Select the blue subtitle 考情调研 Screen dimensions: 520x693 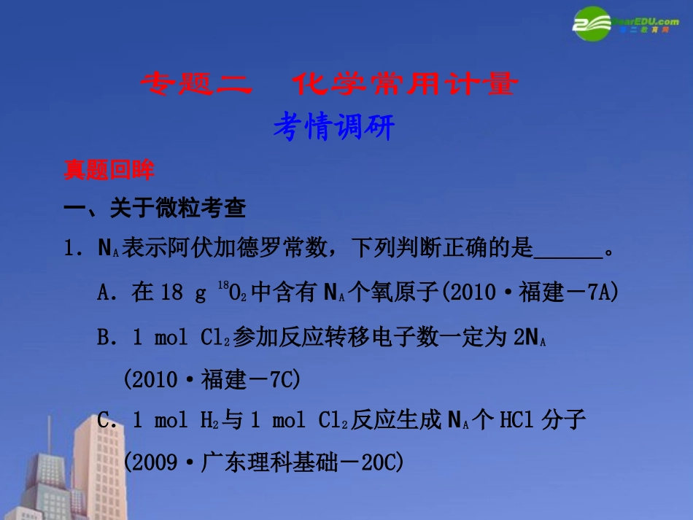[333, 128]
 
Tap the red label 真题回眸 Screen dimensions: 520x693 [109, 171]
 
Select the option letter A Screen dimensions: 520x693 [104, 293]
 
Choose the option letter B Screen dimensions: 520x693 [104, 337]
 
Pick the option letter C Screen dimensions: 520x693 [104, 421]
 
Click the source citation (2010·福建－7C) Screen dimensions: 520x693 [212, 379]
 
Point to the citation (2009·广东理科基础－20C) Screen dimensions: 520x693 [263, 462]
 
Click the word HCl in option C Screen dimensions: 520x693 [517, 421]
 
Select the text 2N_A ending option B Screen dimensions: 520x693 [531, 337]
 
